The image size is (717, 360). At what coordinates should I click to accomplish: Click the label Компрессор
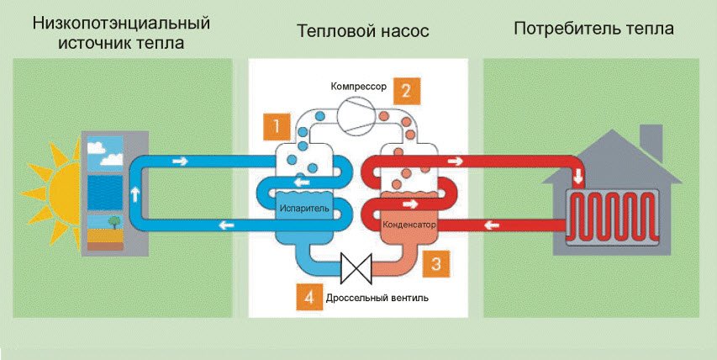[x=360, y=87]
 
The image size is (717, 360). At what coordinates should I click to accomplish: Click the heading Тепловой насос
[x=362, y=31]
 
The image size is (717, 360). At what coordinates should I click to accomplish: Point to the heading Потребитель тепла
[x=593, y=30]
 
